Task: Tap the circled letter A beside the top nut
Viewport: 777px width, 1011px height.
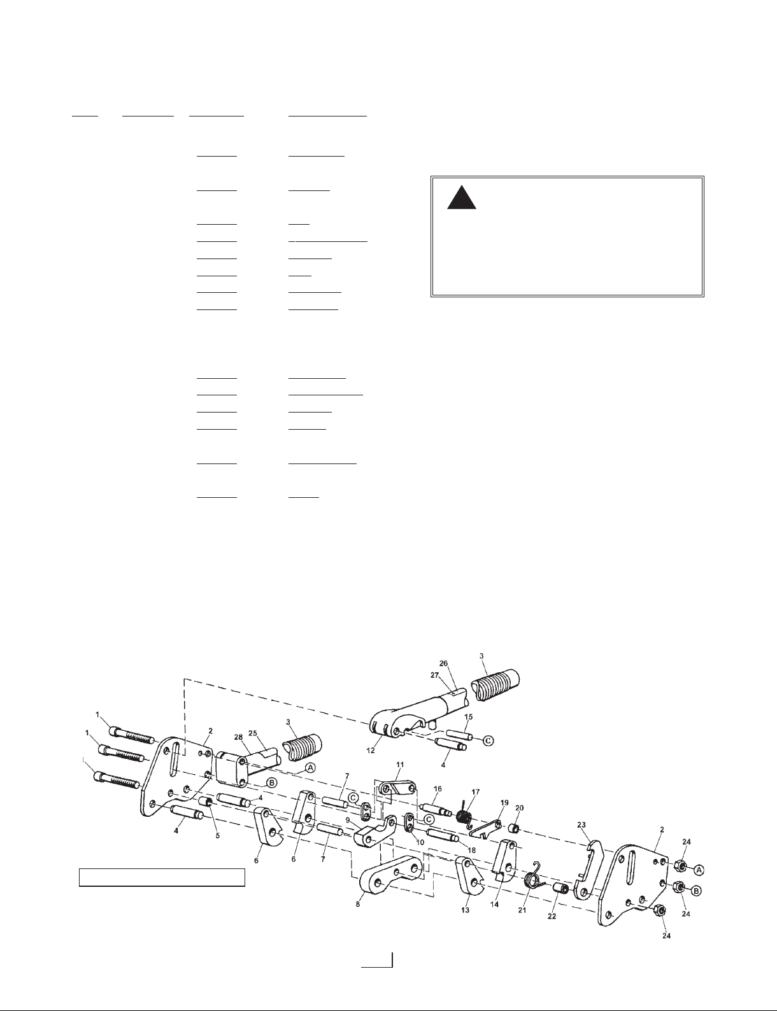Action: tap(699, 869)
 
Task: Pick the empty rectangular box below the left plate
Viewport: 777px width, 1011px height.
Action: tap(162, 877)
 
